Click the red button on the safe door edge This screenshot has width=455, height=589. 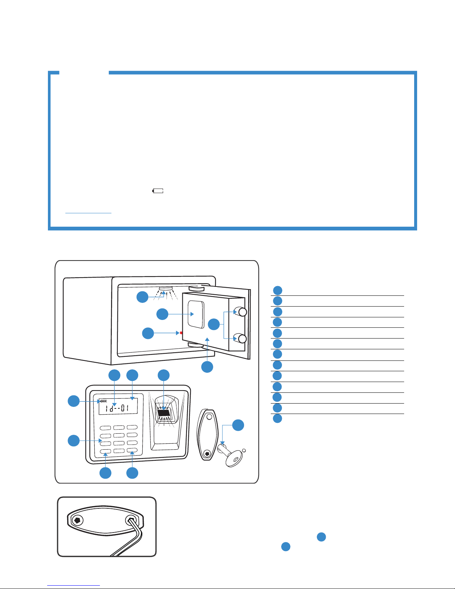181,333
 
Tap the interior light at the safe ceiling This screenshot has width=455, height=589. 166,289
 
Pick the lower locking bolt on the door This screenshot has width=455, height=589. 241,338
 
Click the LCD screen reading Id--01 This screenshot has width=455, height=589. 118,406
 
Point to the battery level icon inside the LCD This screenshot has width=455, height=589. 103,401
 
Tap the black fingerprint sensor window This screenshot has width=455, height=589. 163,413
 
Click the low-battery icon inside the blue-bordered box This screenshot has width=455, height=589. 158,191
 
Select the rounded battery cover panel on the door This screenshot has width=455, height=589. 196,314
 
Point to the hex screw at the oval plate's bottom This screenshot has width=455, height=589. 207,453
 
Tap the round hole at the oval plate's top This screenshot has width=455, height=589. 209,417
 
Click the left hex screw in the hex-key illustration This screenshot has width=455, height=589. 78,520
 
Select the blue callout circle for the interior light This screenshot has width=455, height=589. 143,297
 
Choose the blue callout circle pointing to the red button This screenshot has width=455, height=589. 148,333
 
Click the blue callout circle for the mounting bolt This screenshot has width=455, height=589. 238,425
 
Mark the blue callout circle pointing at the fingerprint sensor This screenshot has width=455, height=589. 163,375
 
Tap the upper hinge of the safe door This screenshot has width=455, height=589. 196,288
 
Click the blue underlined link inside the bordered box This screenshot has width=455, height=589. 88,213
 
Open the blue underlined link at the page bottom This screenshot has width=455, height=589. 74,586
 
